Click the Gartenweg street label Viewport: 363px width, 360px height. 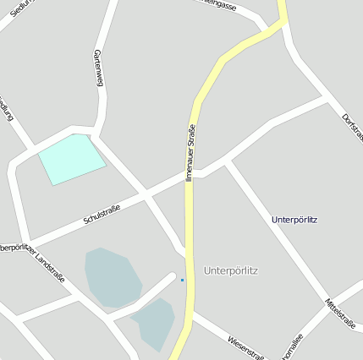(x=98, y=67)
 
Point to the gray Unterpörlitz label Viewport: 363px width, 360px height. (x=231, y=270)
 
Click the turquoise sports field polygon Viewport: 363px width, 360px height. (x=72, y=158)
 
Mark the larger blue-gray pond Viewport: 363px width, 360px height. (x=112, y=277)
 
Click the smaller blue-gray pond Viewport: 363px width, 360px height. (x=153, y=323)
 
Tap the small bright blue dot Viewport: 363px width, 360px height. (x=182, y=280)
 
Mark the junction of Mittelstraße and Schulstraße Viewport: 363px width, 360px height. (x=227, y=161)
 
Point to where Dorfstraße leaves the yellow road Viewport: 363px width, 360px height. (x=285, y=25)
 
